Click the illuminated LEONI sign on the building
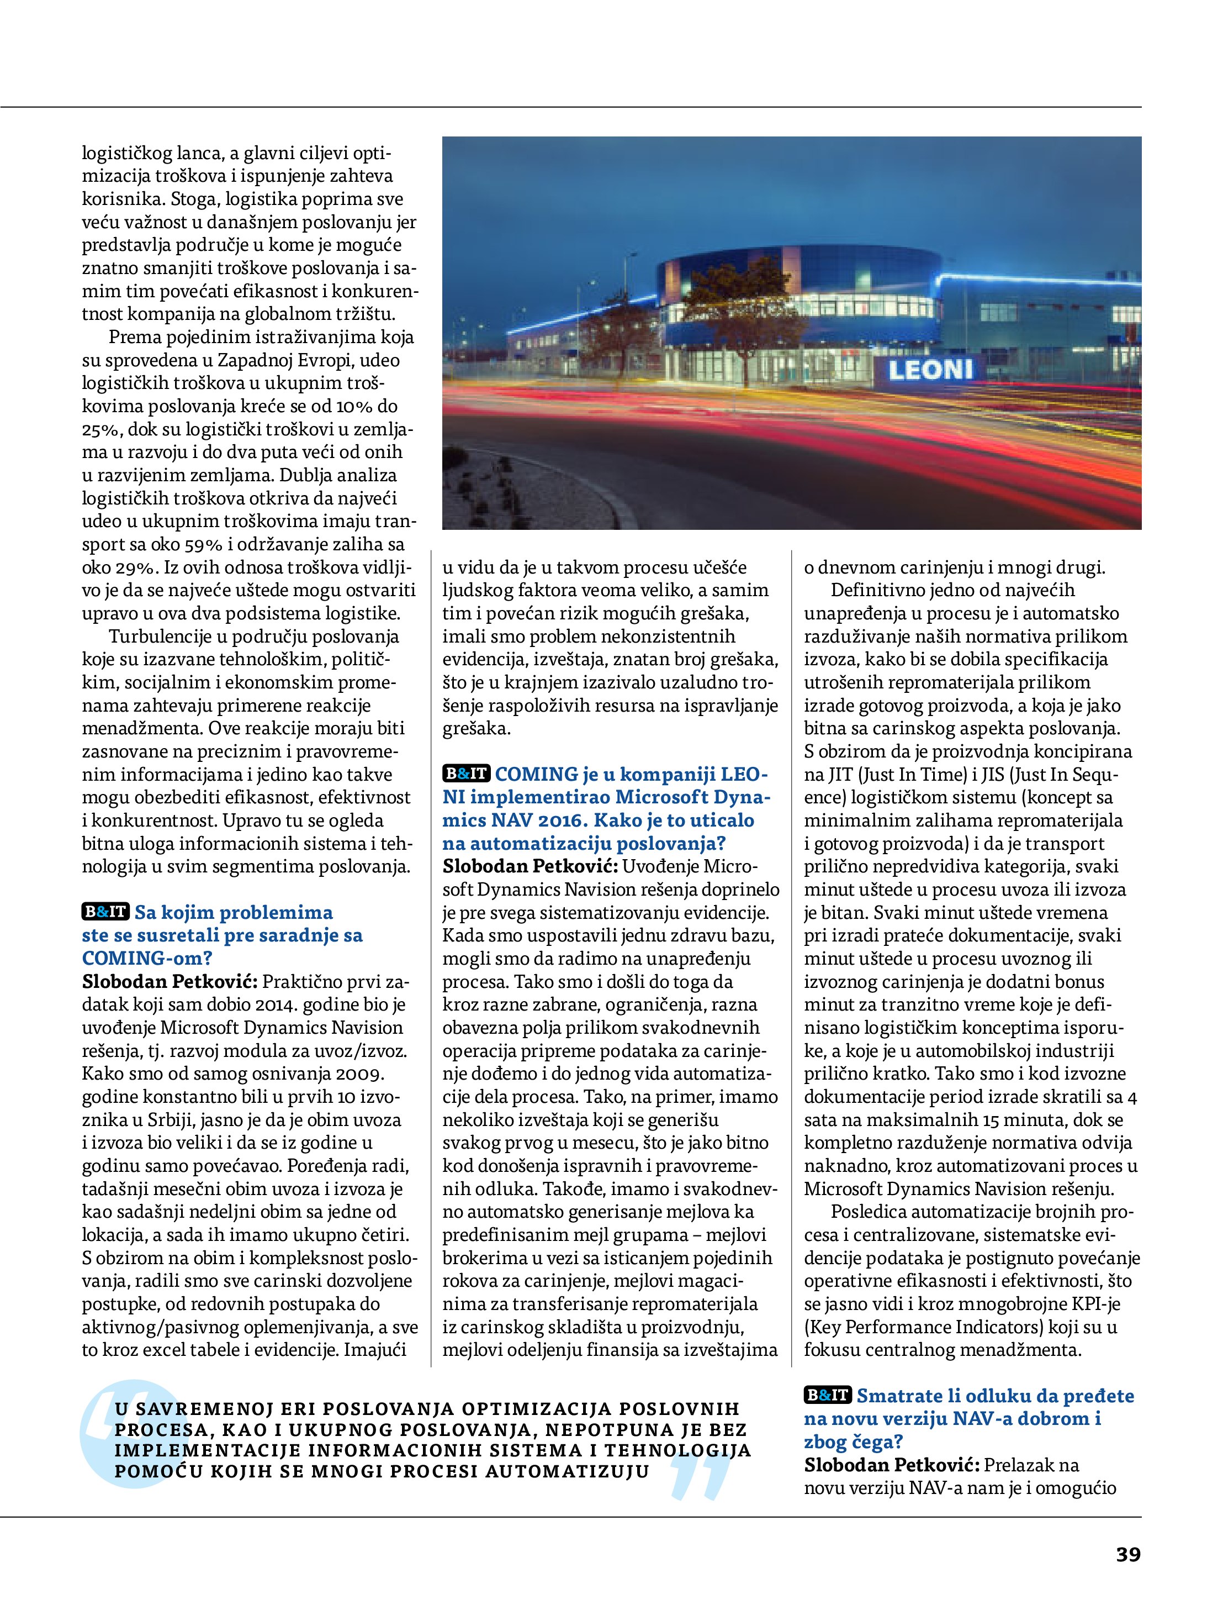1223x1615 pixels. click(x=930, y=370)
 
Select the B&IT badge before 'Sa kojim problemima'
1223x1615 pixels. click(x=105, y=912)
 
